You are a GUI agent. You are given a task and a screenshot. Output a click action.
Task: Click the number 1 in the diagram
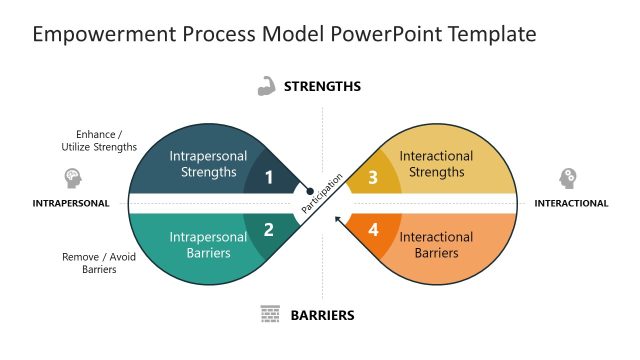click(268, 178)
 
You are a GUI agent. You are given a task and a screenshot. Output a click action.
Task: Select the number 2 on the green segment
click(268, 230)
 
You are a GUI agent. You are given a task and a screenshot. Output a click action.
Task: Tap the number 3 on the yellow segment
click(373, 178)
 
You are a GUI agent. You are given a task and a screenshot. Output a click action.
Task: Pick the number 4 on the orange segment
click(373, 230)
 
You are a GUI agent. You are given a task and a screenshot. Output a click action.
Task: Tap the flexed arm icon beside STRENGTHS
click(266, 86)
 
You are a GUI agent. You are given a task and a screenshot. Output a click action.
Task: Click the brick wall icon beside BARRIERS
click(269, 314)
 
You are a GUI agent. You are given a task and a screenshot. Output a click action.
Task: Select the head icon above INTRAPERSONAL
click(72, 178)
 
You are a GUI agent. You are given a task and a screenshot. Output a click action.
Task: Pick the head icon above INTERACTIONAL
click(568, 178)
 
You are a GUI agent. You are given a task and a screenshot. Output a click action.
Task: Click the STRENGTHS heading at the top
click(322, 87)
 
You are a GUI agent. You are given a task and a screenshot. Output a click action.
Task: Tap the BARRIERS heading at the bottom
click(322, 315)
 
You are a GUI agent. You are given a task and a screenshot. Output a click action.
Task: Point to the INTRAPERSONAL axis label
click(71, 203)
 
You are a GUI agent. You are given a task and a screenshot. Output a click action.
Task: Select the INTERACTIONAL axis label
click(571, 203)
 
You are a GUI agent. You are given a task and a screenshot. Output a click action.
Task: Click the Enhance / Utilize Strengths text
click(99, 140)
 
